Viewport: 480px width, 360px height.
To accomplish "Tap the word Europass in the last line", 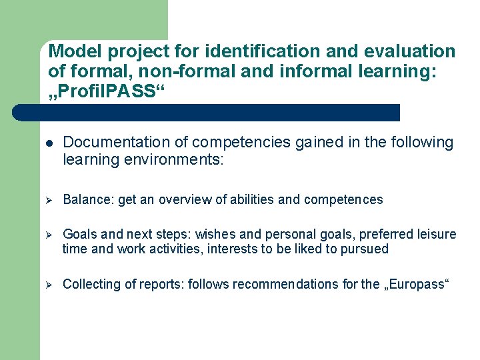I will click(418, 285).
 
